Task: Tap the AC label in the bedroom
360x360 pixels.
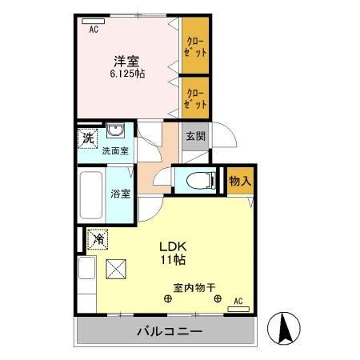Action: (93, 30)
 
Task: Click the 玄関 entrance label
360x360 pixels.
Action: (195, 136)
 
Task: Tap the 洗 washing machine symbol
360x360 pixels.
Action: (87, 137)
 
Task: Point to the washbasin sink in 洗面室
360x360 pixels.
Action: (115, 133)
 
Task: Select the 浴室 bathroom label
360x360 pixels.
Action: (120, 192)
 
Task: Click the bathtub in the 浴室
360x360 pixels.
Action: (92, 194)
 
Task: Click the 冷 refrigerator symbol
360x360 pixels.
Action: (99, 238)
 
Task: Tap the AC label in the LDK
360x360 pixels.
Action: (238, 302)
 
